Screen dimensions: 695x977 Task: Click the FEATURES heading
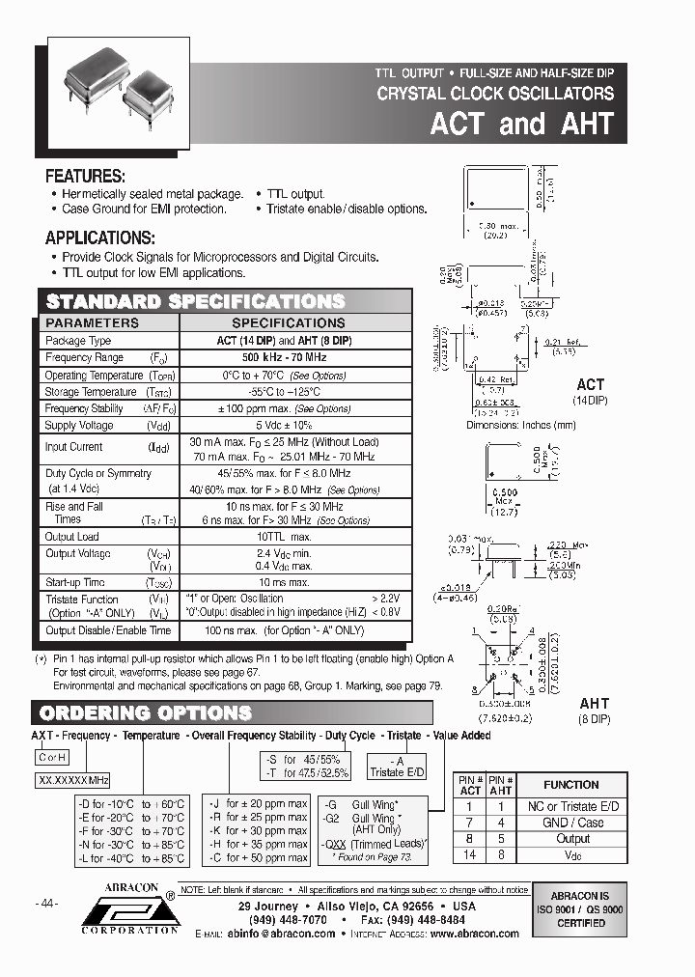(x=86, y=177)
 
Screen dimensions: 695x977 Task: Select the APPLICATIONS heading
(x=100, y=238)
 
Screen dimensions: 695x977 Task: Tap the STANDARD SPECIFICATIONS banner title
(x=196, y=300)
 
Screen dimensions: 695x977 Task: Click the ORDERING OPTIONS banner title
(x=145, y=713)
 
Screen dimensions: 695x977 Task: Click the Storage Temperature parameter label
(x=91, y=392)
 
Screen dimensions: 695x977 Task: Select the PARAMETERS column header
(x=93, y=323)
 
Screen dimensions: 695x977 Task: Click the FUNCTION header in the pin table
(x=570, y=785)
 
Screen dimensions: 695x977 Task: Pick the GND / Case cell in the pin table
(x=570, y=823)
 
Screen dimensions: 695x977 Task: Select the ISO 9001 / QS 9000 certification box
(x=581, y=908)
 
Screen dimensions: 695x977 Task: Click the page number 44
(x=46, y=904)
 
